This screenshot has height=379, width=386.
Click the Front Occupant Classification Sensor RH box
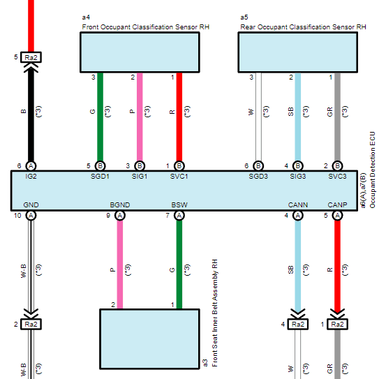[x=140, y=52]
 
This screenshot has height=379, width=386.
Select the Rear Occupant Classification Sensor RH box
[x=298, y=52]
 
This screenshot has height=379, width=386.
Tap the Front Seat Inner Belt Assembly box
[x=149, y=339]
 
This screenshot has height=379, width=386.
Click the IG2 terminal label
[x=31, y=176]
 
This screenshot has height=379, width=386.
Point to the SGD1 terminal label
[x=100, y=176]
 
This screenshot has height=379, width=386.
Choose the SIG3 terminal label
[x=298, y=176]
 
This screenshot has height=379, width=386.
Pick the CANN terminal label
[x=298, y=205]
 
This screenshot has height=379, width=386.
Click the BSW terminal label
[x=179, y=205]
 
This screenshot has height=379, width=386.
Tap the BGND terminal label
[x=120, y=205]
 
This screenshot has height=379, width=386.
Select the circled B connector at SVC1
[x=179, y=166]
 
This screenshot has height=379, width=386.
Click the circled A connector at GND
[x=31, y=216]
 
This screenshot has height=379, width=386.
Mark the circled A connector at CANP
[x=337, y=216]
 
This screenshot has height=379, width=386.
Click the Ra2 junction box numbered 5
[x=31, y=57]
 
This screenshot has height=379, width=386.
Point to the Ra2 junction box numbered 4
[x=298, y=324]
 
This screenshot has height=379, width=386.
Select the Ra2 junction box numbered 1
[x=337, y=324]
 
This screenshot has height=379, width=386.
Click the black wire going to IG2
[x=31, y=114]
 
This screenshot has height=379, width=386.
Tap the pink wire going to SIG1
[x=140, y=117]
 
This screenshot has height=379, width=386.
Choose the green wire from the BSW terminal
[x=179, y=265]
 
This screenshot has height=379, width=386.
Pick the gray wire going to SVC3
[x=337, y=117]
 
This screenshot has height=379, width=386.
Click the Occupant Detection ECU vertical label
[x=372, y=170]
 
